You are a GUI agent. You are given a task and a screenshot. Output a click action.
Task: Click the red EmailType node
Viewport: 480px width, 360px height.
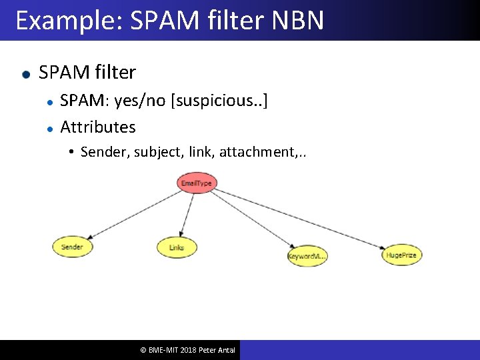pos(196,183)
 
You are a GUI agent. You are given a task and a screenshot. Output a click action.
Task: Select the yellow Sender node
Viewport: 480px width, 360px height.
pos(72,247)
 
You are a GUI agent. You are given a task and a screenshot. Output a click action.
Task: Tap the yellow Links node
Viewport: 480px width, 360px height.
pos(177,247)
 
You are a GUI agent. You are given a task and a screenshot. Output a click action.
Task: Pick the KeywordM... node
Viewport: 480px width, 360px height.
pos(307,256)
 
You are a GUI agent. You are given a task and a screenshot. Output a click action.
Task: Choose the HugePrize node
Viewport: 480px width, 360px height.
pos(401,255)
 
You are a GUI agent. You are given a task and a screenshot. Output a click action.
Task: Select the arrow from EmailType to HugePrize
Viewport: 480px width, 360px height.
pos(300,219)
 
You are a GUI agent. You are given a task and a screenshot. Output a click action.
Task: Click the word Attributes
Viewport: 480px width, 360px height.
pos(97,127)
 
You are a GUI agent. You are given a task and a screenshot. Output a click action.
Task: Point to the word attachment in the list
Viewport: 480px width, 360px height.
pos(255,152)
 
